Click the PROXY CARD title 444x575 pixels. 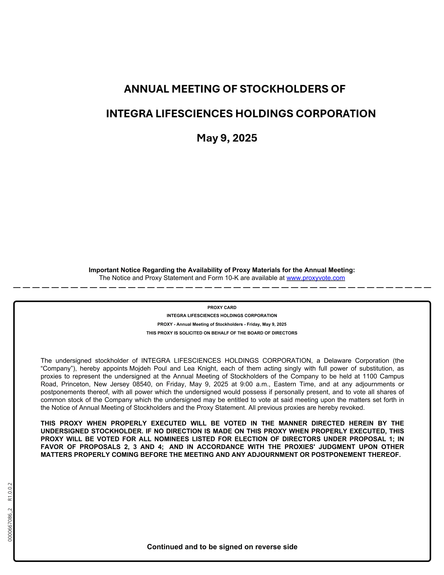click(222, 308)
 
